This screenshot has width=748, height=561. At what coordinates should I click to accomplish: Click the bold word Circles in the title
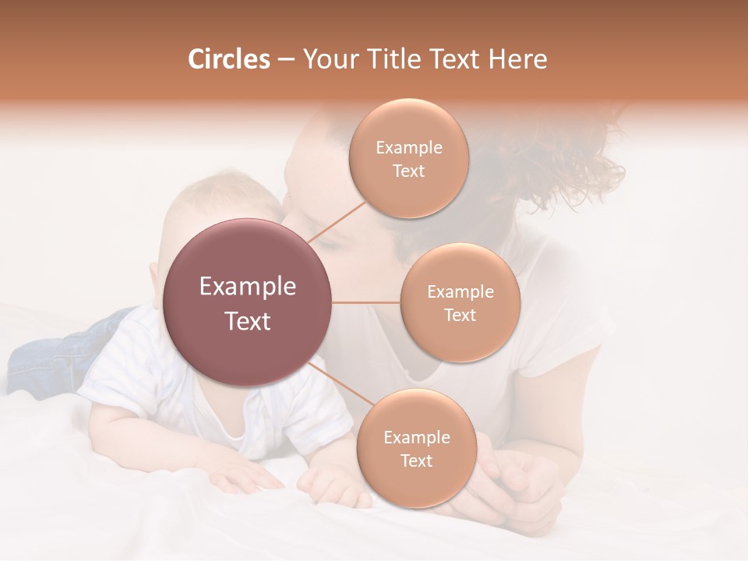228,59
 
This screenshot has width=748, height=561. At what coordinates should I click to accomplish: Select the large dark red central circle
248,302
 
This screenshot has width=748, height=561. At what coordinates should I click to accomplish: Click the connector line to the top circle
337,223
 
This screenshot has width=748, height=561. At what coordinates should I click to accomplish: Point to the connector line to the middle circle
366,302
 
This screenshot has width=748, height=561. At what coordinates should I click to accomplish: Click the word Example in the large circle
248,287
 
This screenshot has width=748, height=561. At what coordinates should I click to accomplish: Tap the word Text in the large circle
248,321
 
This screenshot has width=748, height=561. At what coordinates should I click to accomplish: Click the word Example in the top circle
408,148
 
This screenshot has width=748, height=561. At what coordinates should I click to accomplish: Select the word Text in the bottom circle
416,460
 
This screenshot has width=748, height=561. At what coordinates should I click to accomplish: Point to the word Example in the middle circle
460,292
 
